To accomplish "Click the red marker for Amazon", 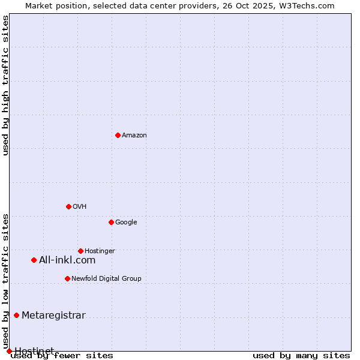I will (118, 135).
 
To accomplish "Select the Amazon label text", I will (134, 136).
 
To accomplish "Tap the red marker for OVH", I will (68, 206).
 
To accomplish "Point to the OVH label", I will (80, 207).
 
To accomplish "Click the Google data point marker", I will (111, 222).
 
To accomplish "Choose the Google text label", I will (126, 223).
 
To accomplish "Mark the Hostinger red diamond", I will (80, 251).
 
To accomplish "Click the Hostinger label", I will (100, 251).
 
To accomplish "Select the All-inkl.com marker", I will (34, 260).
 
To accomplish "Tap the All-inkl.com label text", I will (67, 260).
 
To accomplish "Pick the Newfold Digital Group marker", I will (67, 278).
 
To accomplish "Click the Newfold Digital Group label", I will (106, 279).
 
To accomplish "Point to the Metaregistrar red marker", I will (16, 315).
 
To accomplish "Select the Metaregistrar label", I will (53, 316).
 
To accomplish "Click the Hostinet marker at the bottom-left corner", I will (9, 351).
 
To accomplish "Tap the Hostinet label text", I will (34, 350).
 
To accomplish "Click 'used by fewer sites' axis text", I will (62, 356).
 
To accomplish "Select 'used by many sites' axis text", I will (301, 356).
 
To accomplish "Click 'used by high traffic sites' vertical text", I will (5, 85).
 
